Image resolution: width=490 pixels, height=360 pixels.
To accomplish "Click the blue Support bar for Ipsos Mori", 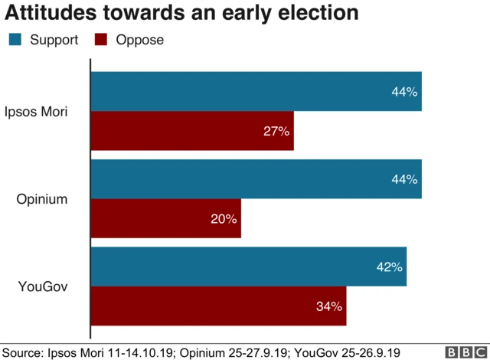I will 256,92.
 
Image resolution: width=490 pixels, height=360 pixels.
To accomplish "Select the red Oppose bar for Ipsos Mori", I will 192,131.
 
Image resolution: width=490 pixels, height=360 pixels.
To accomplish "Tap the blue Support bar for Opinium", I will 256,179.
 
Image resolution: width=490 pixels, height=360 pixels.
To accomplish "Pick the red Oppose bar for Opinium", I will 166,218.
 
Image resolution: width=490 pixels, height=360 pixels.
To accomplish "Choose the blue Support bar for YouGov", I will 248,267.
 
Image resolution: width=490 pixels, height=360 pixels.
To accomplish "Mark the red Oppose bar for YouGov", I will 218,306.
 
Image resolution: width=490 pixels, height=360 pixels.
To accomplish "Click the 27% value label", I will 276,132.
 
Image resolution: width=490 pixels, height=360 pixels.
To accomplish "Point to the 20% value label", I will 224,219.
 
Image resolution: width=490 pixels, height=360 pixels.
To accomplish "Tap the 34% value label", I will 328,306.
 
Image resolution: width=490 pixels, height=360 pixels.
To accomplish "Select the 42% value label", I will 389,267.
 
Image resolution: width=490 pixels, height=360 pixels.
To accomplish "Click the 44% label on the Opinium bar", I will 404,180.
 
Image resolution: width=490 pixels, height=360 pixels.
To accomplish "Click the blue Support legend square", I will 15,40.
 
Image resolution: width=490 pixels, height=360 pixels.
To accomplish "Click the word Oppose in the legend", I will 139,40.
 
